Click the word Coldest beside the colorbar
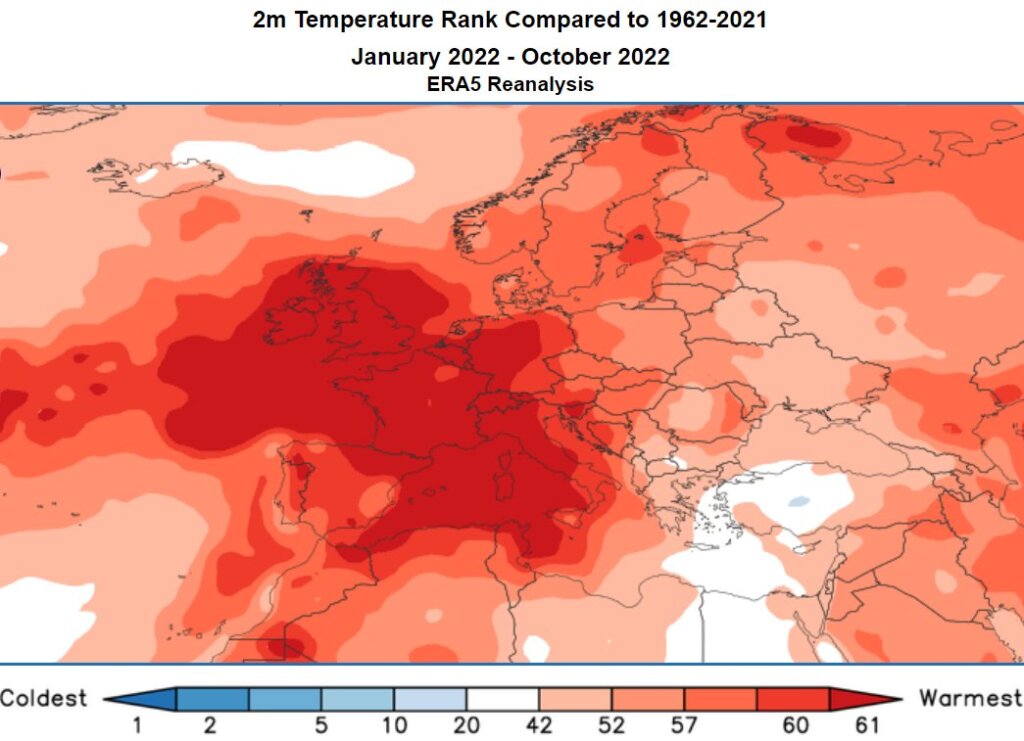[x=44, y=697]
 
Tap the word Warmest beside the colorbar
[x=970, y=697]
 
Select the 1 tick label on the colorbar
[x=136, y=725]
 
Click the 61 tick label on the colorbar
[x=865, y=725]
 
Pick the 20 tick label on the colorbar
[x=466, y=725]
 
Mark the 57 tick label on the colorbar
[x=683, y=725]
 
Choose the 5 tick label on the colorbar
[x=321, y=725]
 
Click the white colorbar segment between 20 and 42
[x=502, y=697]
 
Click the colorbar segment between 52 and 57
[x=647, y=697]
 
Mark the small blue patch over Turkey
[x=798, y=500]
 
